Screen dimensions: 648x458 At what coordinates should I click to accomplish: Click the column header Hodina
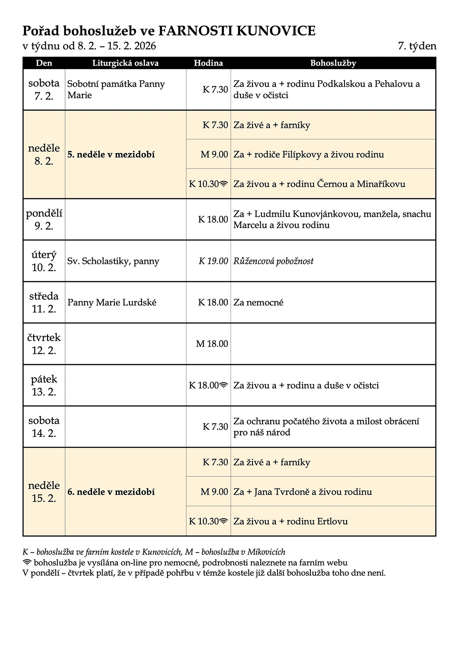tap(208, 63)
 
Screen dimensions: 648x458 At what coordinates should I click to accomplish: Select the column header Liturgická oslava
tap(125, 63)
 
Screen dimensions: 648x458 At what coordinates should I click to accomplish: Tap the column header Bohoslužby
tap(333, 63)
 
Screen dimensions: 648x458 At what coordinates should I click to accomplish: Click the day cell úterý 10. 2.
tap(44, 261)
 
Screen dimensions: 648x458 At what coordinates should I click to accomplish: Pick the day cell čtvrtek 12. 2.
tap(44, 344)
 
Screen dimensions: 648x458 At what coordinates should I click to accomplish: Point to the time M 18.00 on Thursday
tap(212, 344)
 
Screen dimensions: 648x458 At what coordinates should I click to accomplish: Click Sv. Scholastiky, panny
tap(113, 261)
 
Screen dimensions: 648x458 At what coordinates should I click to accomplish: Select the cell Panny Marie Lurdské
tap(112, 302)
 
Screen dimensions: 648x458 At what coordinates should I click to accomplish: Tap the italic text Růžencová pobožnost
tap(273, 261)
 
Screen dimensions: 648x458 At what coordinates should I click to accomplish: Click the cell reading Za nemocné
tap(258, 302)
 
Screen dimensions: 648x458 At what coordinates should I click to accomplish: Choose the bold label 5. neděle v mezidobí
tap(111, 155)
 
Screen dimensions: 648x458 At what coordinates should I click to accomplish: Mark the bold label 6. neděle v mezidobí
tap(111, 492)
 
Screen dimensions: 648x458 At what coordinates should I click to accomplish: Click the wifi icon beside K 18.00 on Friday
tap(224, 385)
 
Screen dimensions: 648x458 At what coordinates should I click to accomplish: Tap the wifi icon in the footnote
tap(27, 562)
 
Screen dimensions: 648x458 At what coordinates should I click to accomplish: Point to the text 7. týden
tap(417, 46)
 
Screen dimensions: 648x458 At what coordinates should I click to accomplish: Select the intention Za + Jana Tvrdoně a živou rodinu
tap(303, 492)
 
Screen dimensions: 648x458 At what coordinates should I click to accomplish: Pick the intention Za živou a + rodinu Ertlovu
tap(290, 521)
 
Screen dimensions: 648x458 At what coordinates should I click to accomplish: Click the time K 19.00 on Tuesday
tap(213, 261)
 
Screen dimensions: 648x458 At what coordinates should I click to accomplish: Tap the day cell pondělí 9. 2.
tap(44, 219)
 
